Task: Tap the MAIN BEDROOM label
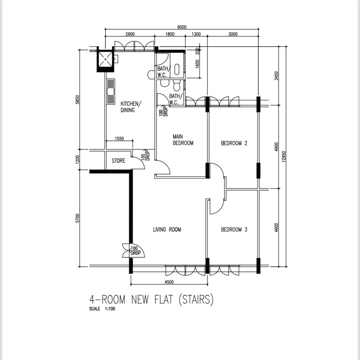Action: [183, 140]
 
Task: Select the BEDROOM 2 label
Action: [234, 143]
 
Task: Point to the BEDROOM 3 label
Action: [234, 229]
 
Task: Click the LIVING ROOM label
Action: [167, 229]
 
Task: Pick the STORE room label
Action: [118, 161]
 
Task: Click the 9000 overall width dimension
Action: [182, 27]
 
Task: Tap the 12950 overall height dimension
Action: [284, 157]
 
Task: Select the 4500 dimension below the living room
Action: [169, 282]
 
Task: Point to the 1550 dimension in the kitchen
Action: [119, 139]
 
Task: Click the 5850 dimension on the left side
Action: [77, 99]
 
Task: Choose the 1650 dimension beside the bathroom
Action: [197, 64]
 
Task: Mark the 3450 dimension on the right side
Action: [276, 76]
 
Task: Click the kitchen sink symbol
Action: [111, 92]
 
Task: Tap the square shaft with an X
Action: [105, 59]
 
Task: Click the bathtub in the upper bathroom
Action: [176, 69]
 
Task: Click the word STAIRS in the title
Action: [196, 300]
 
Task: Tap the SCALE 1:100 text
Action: [102, 309]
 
